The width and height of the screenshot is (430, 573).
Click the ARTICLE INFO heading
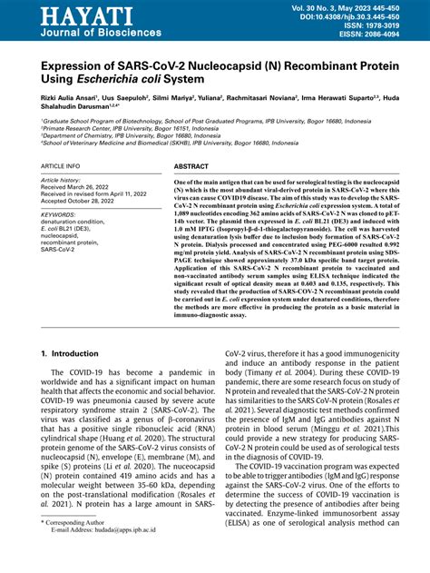tap(61, 167)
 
